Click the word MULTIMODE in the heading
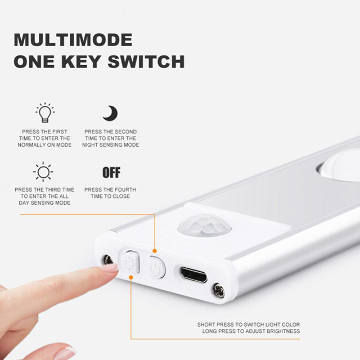tap(73, 40)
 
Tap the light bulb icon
tap(44, 113)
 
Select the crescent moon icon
tap(110, 113)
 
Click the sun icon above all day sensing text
tap(43, 172)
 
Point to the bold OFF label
tap(111, 172)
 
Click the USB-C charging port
tap(193, 275)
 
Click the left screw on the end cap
tap(107, 259)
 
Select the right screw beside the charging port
tap(219, 291)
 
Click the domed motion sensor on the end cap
tap(204, 227)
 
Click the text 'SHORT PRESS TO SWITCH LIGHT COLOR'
tap(248, 325)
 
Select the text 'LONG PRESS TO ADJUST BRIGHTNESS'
tap(251, 331)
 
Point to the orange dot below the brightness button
tap(131, 276)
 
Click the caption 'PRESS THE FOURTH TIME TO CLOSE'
tap(110, 193)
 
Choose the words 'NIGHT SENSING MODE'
tap(111, 145)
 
